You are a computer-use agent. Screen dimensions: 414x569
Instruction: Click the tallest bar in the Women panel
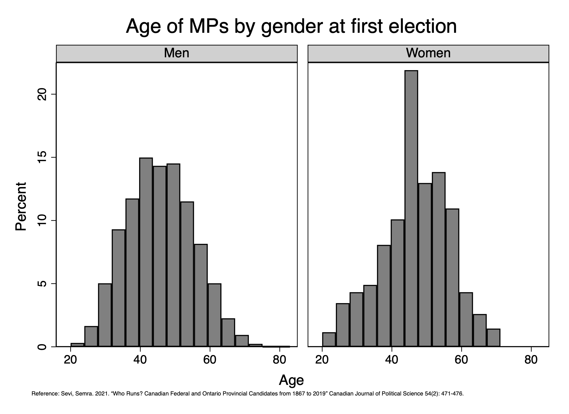click(411, 208)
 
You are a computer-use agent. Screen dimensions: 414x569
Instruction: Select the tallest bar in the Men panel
click(146, 252)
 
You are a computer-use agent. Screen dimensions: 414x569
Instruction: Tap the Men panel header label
click(176, 53)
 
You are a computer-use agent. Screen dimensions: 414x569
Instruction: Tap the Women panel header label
click(428, 53)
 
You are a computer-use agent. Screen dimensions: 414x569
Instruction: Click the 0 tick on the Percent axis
click(42, 347)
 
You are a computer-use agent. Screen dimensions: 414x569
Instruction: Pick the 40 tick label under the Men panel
click(140, 360)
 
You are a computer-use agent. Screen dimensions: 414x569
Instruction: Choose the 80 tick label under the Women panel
click(531, 360)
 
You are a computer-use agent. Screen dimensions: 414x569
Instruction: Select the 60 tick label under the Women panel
click(461, 360)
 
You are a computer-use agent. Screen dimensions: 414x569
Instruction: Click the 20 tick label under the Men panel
click(70, 360)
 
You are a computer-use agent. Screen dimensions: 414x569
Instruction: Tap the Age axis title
click(291, 380)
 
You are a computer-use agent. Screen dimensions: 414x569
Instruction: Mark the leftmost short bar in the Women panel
click(329, 340)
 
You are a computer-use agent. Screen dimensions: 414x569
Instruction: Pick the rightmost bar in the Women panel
click(493, 338)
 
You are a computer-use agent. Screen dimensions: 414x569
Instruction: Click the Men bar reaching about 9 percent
click(118, 288)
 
